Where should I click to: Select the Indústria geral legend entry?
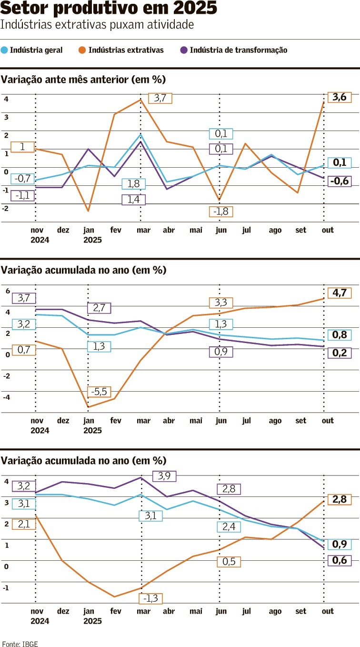(x=36, y=50)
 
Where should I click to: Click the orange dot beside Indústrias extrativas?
(x=83, y=50)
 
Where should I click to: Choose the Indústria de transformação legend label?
(x=238, y=50)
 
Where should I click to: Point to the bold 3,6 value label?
(x=339, y=97)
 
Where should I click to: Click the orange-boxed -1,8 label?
(x=220, y=212)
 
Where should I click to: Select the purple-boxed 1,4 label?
(x=133, y=200)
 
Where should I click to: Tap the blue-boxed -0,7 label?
(x=22, y=179)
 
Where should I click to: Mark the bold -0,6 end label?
(x=339, y=181)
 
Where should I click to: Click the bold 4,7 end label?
(x=339, y=293)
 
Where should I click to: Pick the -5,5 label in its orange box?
(x=100, y=392)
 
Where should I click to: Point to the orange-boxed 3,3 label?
(x=220, y=303)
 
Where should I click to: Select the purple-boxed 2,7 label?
(x=99, y=308)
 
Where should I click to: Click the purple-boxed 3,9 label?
(x=164, y=475)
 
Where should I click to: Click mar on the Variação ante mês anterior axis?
(x=143, y=230)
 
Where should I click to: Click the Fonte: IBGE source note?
(x=20, y=644)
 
